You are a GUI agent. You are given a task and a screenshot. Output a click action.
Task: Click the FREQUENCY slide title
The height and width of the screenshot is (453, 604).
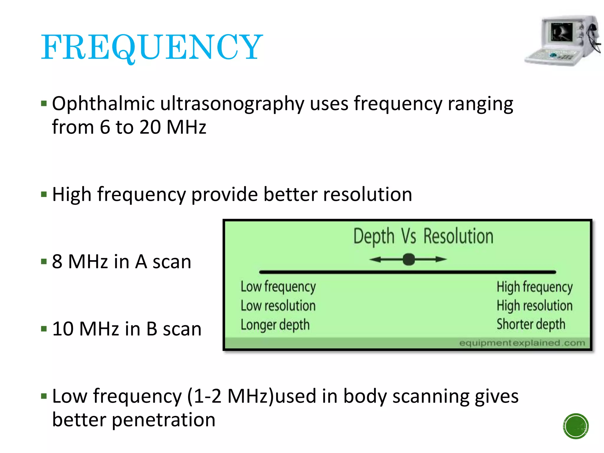(x=152, y=47)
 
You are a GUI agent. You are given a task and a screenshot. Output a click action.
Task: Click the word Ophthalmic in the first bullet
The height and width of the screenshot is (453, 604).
(x=103, y=104)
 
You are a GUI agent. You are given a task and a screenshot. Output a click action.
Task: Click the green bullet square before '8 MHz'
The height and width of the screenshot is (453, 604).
(x=44, y=262)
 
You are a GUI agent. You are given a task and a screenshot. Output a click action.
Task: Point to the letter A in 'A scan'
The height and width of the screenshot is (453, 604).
(x=141, y=262)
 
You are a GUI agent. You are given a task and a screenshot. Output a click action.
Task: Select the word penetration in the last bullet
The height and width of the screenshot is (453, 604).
(x=164, y=420)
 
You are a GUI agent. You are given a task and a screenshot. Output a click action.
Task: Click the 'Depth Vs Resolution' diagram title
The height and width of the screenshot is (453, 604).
(x=423, y=237)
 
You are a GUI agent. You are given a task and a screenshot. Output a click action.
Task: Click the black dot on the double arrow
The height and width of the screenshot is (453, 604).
(x=409, y=260)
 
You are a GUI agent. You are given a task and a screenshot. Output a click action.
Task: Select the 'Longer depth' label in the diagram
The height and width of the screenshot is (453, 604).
(x=275, y=325)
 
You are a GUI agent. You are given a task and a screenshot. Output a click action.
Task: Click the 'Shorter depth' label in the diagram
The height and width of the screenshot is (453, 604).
(x=531, y=324)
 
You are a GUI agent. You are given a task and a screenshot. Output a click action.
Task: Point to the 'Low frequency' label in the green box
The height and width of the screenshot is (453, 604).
(x=278, y=287)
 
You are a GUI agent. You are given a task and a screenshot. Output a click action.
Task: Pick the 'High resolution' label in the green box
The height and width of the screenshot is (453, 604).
(x=534, y=306)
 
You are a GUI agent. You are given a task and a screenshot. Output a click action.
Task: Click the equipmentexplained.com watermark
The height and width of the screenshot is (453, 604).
(x=522, y=343)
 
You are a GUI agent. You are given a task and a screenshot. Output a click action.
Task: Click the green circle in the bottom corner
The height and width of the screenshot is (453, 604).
(x=576, y=426)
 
